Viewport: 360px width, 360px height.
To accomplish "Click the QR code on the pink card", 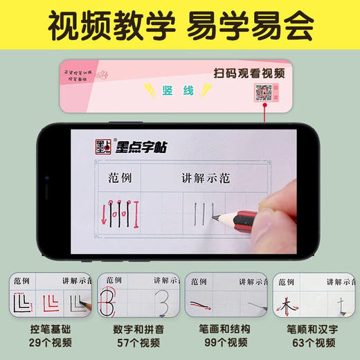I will [x=264, y=92].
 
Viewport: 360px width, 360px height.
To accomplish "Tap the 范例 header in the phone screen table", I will [x=118, y=178].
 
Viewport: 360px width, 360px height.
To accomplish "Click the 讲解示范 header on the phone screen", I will [x=218, y=178].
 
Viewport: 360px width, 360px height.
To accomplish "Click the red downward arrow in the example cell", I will [x=106, y=215].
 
